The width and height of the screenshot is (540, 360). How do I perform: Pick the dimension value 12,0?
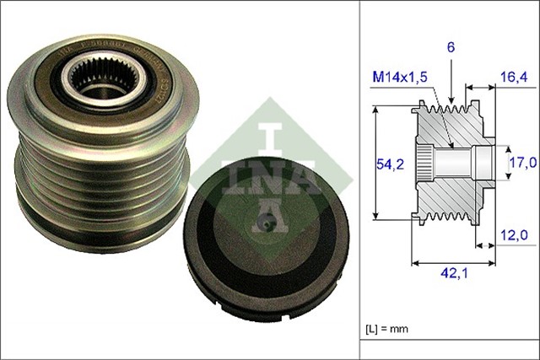click(x=512, y=235)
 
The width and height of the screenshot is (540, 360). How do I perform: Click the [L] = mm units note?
click(x=390, y=328)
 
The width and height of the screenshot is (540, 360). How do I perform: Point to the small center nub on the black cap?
click(x=267, y=223)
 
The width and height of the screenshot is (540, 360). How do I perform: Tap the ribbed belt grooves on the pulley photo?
click(x=93, y=181)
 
